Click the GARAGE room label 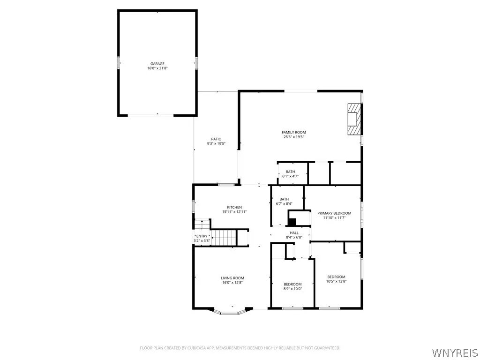coord(157,64)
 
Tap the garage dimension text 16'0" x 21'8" coord(157,68)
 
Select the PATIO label coord(216,139)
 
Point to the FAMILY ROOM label coord(294,133)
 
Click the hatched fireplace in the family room coord(354,119)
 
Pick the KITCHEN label coord(234,207)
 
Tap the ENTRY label coord(202,236)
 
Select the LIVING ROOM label coord(232,278)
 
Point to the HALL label coord(294,232)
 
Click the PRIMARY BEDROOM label coord(334,213)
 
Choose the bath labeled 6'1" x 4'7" coord(290,174)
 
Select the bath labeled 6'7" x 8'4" coord(284,202)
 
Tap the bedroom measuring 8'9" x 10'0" coord(292,286)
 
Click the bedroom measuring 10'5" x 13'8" coord(336,279)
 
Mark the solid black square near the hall coord(292,223)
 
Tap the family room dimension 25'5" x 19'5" coord(294,137)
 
